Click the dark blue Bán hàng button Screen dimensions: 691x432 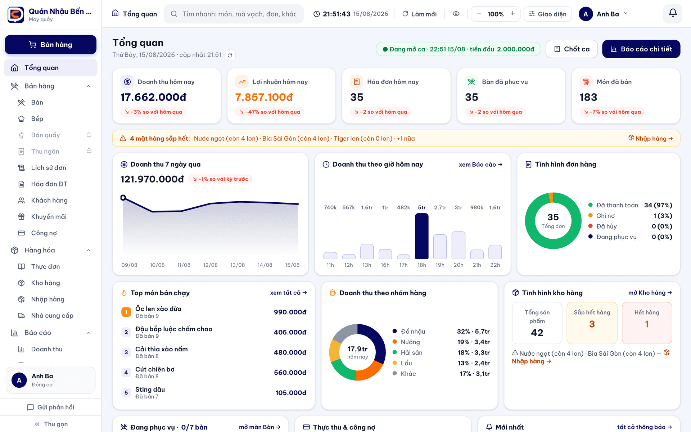coord(50,45)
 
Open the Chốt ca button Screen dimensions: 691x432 coord(572,49)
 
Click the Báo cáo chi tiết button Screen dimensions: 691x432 coord(641,49)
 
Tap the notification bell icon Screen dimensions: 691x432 coord(673,14)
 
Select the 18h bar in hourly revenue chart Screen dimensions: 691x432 coord(422,236)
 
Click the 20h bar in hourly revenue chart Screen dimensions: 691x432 coord(459,245)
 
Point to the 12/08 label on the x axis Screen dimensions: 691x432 coord(211,265)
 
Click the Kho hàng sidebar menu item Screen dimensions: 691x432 coord(45,283)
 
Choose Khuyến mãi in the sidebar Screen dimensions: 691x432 coord(49,217)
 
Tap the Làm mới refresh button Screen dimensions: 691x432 coord(419,14)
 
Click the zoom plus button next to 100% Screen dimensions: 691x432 coord(512,14)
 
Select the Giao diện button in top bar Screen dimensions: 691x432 coord(548,14)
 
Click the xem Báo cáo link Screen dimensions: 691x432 coord(480,165)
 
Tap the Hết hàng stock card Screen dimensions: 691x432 coord(647,323)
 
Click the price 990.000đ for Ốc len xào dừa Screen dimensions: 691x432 coord(290,312)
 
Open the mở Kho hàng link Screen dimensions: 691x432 coord(650,293)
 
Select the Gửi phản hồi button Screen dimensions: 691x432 coord(51,407)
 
